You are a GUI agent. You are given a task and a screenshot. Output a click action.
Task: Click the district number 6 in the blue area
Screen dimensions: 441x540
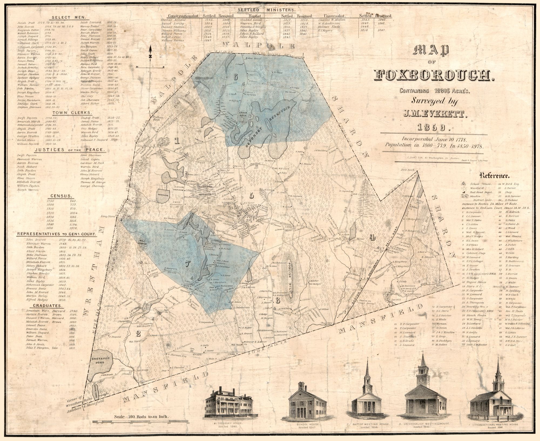click(x=235, y=77)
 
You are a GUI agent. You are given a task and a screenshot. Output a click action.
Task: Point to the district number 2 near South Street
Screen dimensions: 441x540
click(x=139, y=334)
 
